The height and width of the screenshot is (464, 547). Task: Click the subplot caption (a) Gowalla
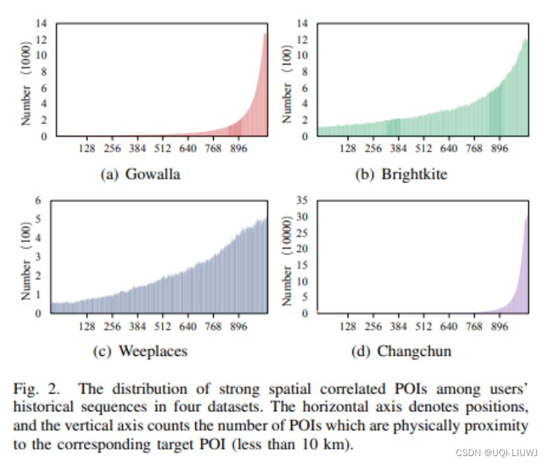[139, 174]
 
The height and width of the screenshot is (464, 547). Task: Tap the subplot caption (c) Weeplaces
[140, 351]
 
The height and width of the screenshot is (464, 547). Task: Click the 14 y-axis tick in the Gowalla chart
[41, 23]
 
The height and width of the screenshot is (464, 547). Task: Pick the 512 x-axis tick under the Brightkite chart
[424, 148]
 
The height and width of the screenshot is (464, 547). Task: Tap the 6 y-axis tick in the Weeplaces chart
[38, 200]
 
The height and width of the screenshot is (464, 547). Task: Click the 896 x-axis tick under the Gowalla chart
[239, 148]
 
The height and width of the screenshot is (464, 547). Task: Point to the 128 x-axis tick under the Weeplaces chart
[88, 326]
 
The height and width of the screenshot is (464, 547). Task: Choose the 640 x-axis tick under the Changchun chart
[449, 326]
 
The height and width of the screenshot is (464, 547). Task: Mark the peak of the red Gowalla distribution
[265, 34]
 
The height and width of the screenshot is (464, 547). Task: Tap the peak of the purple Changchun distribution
[527, 217]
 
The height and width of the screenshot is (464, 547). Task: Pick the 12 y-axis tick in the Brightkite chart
[304, 39]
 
